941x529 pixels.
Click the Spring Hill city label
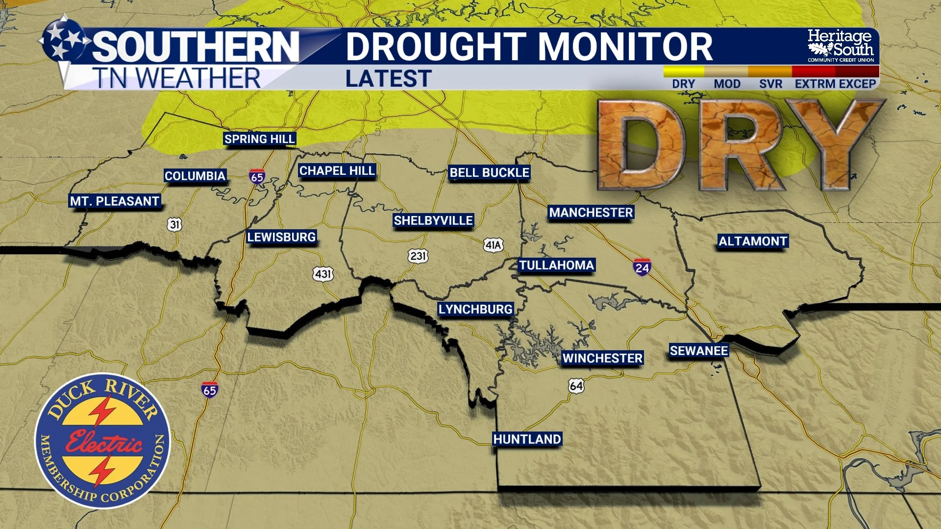pos(259,139)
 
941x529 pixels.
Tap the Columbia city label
pos(195,176)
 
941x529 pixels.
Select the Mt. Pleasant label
pos(115,201)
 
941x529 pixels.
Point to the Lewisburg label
pos(281,237)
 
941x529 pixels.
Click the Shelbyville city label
pos(433,220)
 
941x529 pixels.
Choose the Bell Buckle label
pos(489,172)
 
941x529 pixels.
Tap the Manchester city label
pos(591,213)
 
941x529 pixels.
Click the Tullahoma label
pos(556,265)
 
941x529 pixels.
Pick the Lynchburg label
pos(475,309)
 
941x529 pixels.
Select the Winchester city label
pos(602,358)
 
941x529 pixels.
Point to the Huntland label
pos(527,439)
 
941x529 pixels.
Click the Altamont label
pos(753,241)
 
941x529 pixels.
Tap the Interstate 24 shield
pos(642,267)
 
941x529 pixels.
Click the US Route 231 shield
pos(418,256)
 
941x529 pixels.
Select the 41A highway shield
pos(493,245)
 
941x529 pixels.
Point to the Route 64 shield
pos(576,386)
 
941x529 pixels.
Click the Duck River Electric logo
pos(102,440)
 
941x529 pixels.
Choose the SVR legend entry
pos(770,84)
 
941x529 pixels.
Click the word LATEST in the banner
pos(388,79)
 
